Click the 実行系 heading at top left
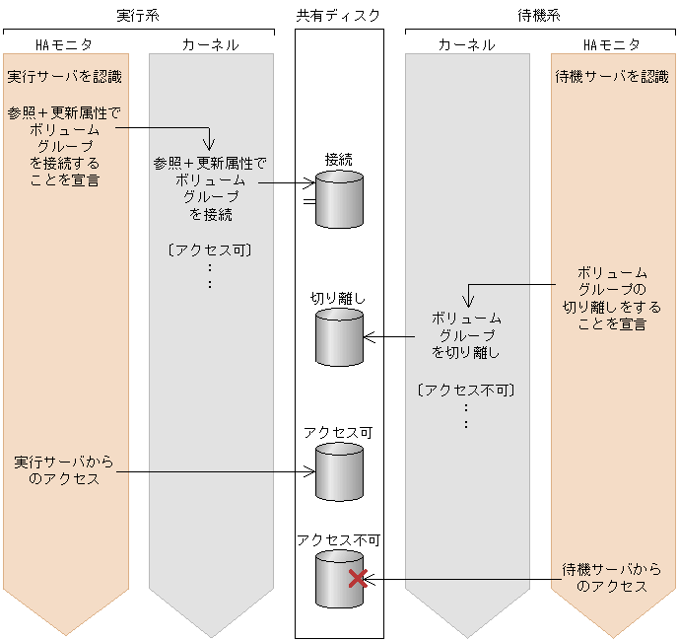coord(138,16)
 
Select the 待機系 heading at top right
coord(540,16)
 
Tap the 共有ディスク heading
coord(338,16)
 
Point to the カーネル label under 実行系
coord(210,44)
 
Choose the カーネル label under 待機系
coord(467,44)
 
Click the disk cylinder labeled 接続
coord(339,199)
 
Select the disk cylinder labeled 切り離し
coord(339,337)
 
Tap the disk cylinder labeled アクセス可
coord(339,471)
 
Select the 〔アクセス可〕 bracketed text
coord(210,249)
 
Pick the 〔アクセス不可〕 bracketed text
coord(466,390)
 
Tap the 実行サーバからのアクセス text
coord(65,470)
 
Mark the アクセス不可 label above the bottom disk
coord(338,539)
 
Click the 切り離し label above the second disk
coord(338,298)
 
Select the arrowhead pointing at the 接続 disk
coord(310,182)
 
